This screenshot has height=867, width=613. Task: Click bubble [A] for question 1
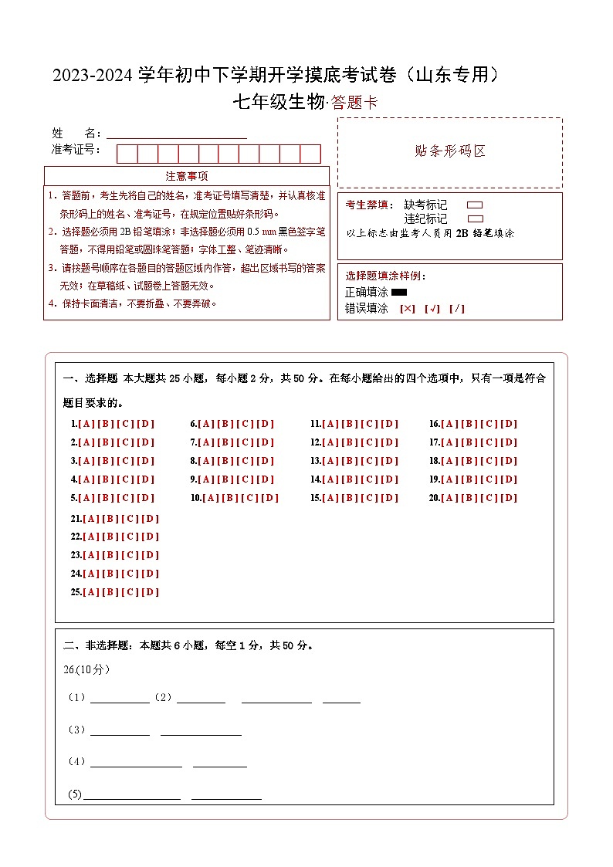86,424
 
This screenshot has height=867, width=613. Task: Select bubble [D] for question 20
509,498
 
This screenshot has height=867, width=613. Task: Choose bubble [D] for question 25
150,592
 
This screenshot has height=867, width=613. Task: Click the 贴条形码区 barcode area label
450,151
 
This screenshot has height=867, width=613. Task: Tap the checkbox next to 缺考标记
475,205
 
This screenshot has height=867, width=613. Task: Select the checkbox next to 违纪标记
475,218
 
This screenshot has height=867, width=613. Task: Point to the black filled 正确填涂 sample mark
399,293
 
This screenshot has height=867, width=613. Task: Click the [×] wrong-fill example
408,309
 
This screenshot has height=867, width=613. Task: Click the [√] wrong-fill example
432,309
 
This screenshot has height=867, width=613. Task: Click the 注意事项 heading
187,176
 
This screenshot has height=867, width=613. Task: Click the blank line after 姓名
176,134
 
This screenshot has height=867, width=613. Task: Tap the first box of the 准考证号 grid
127,154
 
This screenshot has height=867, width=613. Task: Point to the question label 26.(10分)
86,669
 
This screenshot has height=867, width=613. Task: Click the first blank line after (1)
120,699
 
